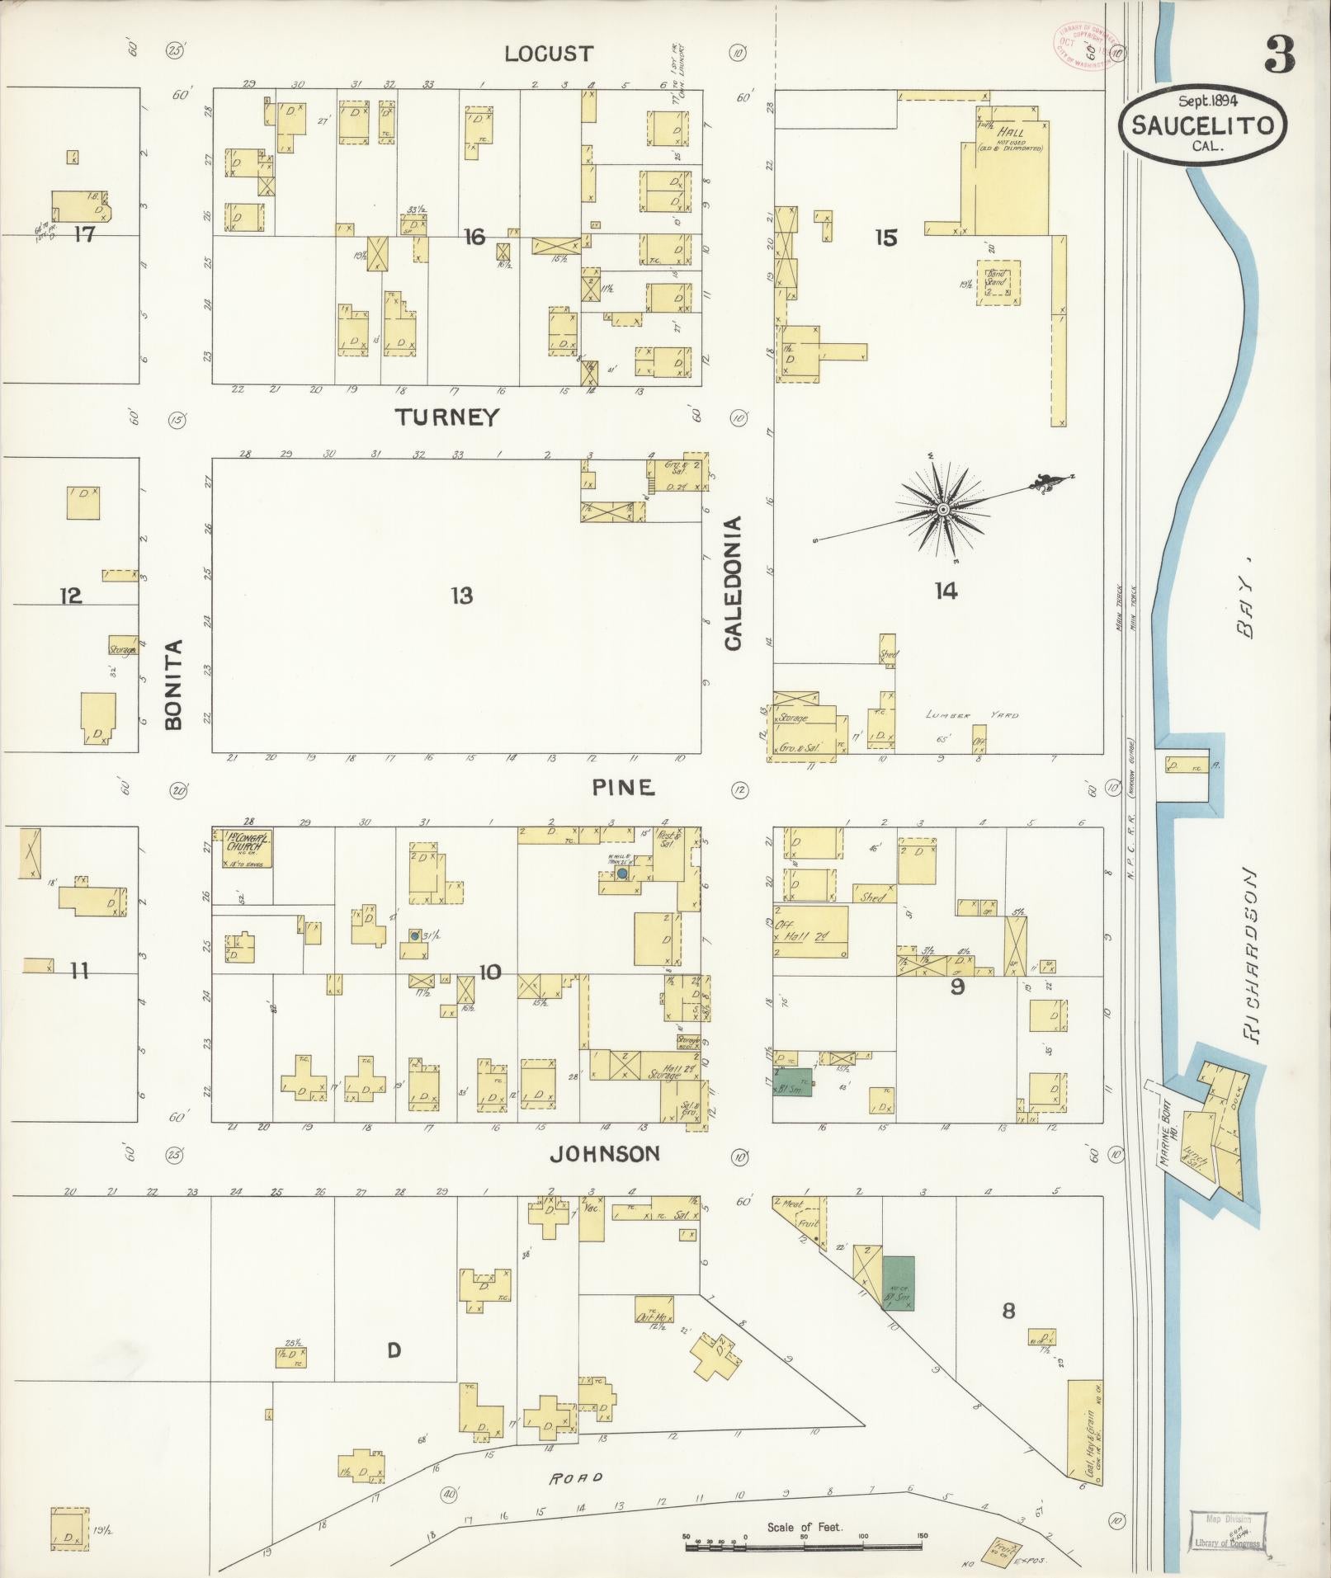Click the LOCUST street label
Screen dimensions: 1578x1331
click(x=549, y=54)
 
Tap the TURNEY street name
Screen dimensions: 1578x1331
click(x=446, y=417)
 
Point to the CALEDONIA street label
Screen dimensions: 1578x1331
click(x=733, y=584)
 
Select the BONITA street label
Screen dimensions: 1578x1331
click(x=172, y=685)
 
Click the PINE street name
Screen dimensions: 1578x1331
click(x=623, y=788)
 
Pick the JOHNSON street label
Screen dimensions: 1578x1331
click(x=605, y=1154)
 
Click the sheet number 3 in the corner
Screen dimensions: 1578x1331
click(x=1277, y=54)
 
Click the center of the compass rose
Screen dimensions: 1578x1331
click(x=942, y=510)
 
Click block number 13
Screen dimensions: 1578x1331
click(x=461, y=596)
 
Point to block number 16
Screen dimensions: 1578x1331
click(x=474, y=238)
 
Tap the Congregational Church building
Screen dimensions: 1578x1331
click(x=247, y=849)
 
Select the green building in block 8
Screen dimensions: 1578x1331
click(x=898, y=1284)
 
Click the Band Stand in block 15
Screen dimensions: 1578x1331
click(x=998, y=284)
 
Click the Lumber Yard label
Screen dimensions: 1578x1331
click(x=971, y=715)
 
